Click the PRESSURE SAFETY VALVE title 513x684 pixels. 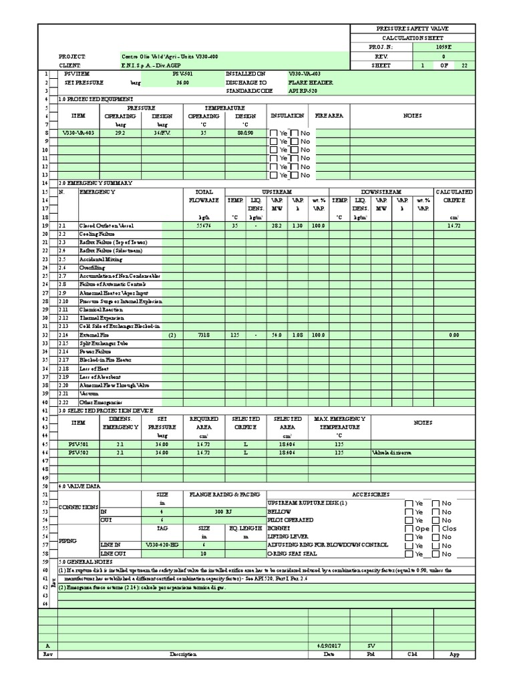tap(413, 29)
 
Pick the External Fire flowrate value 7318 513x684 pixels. tap(204, 335)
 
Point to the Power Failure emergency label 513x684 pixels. tap(96, 351)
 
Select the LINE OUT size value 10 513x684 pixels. tap(203, 554)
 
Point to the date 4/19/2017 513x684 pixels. tap(329, 646)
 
